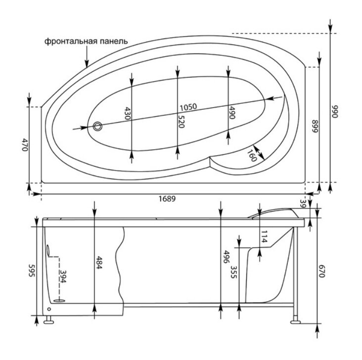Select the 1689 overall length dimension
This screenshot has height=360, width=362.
tap(167, 199)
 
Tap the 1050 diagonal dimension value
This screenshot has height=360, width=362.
tap(188, 107)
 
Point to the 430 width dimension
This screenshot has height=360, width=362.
tap(128, 113)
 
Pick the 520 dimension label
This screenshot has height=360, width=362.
tap(181, 122)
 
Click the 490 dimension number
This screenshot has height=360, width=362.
tap(231, 112)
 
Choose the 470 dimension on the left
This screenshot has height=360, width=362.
tap(25, 145)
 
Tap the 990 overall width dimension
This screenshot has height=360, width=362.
tap(334, 112)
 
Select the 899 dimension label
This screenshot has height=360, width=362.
tap(315, 126)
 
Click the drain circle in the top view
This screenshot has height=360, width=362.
tap(97, 126)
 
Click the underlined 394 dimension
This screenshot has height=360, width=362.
tap(63, 276)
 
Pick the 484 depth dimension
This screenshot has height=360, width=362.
tap(99, 262)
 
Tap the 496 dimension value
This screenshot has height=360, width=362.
tap(226, 257)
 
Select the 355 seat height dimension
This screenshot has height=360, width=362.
tap(233, 272)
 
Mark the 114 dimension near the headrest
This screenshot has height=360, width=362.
tap(264, 237)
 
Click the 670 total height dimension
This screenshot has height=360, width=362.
tap(322, 271)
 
